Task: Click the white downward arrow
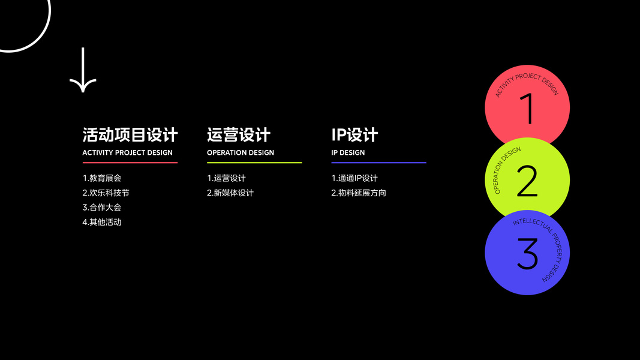(83, 70)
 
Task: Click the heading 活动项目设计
(130, 134)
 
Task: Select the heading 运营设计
(239, 134)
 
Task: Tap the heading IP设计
(354, 134)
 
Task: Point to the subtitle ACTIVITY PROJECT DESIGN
(127, 152)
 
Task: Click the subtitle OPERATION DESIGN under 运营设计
(241, 152)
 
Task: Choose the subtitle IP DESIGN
(348, 152)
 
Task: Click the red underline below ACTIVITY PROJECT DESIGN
(130, 163)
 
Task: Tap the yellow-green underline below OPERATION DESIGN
(254, 163)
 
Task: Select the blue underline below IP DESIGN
(378, 163)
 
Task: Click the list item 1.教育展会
(102, 178)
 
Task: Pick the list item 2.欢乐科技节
(106, 193)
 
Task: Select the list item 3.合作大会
(102, 208)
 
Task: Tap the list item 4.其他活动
(102, 222)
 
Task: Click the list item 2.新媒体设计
(230, 193)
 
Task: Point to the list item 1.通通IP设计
(354, 178)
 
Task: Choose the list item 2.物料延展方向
(359, 193)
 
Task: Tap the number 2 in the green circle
(527, 181)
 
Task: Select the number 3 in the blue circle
(527, 254)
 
